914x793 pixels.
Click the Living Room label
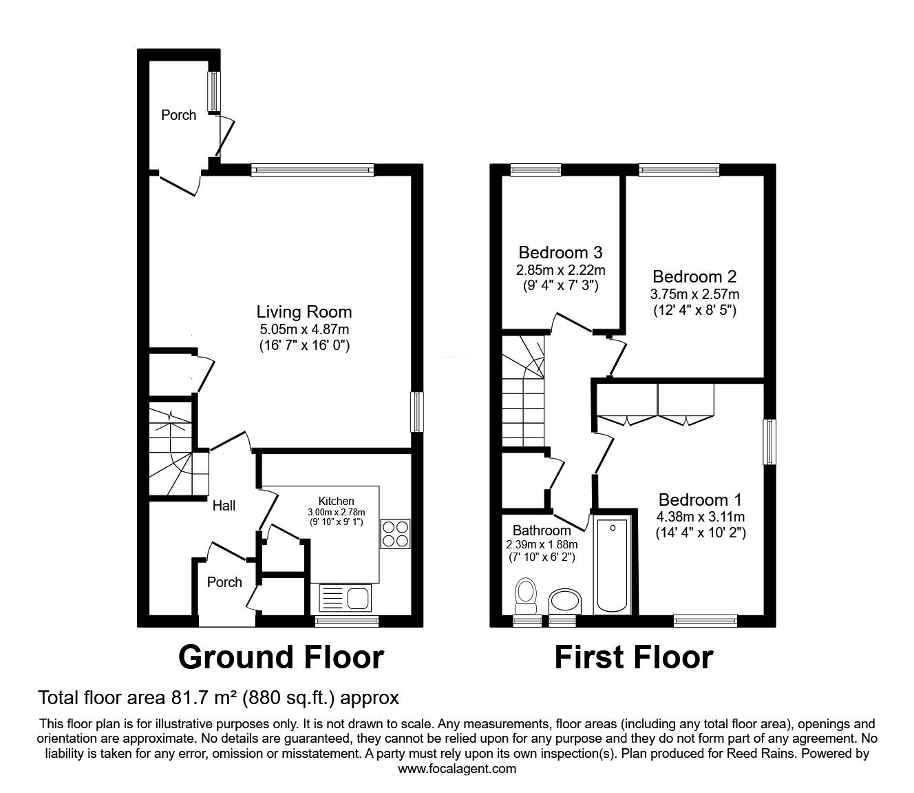click(304, 312)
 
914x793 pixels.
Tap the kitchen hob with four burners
click(395, 533)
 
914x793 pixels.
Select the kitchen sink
click(346, 597)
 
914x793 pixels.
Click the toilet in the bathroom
click(527, 595)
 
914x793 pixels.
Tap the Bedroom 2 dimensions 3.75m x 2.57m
click(694, 294)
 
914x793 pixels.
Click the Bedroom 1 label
click(700, 500)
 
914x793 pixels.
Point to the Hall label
click(224, 506)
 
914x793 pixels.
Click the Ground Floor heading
click(281, 657)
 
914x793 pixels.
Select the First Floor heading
click(633, 657)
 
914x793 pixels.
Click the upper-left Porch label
click(178, 115)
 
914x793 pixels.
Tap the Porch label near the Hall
click(224, 582)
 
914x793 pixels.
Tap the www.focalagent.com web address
click(457, 768)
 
